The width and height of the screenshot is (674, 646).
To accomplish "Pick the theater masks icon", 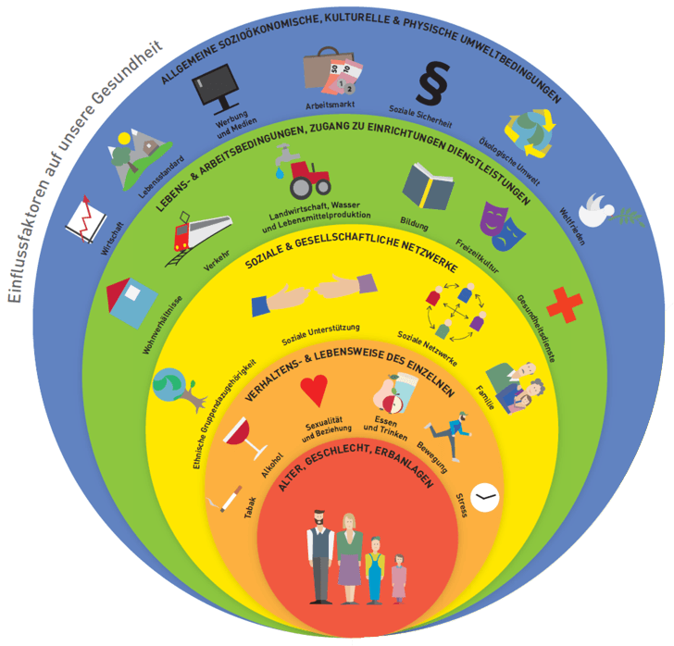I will [x=502, y=224].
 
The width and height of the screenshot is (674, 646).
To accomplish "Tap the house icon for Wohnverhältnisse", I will [x=132, y=303].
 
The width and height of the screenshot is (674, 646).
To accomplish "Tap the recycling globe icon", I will [x=529, y=131].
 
